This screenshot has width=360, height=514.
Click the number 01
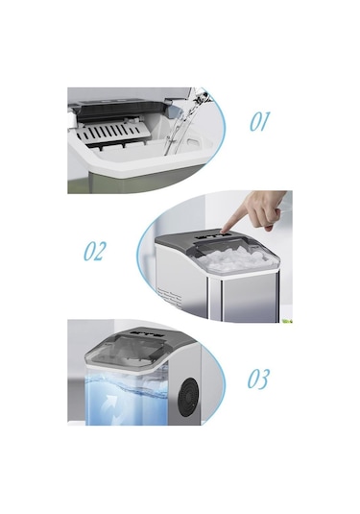260,122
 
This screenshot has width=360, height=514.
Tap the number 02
95,251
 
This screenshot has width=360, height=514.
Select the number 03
258,379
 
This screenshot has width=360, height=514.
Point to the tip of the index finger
223,232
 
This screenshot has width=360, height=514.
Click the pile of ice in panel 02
235,258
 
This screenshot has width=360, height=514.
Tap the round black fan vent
188,397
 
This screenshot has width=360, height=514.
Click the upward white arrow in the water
109,404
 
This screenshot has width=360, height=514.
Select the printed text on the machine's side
169,296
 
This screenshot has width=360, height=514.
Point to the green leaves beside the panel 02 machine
287,320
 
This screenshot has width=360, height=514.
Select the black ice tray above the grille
120,110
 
